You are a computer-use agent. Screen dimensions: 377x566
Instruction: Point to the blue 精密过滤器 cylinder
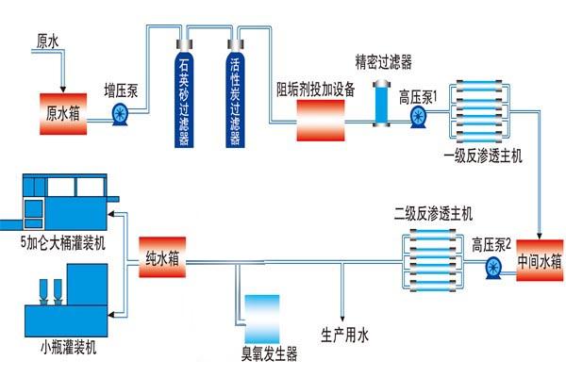point(382,104)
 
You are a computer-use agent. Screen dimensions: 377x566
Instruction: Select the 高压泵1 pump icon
point(418,116)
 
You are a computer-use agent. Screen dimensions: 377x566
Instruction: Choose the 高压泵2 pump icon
point(491,268)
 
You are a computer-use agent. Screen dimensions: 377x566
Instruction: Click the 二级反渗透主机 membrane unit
point(434,255)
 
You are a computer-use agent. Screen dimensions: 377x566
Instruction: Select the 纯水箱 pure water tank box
point(164,255)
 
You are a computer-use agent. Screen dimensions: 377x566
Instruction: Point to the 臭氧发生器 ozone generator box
point(261,318)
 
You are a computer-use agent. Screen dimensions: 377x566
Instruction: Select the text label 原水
point(48,41)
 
